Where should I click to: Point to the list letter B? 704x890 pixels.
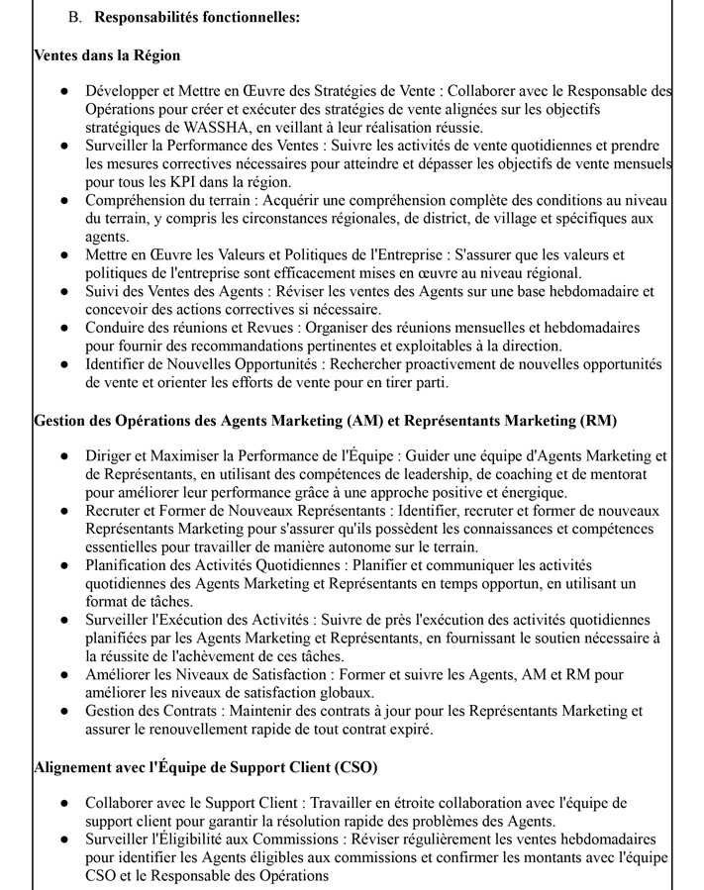click(x=74, y=18)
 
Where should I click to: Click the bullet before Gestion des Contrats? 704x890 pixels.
click(x=64, y=712)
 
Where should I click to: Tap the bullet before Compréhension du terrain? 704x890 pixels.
click(x=64, y=200)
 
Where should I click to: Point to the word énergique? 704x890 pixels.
click(x=535, y=492)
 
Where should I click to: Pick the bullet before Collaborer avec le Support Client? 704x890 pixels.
click(x=64, y=804)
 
